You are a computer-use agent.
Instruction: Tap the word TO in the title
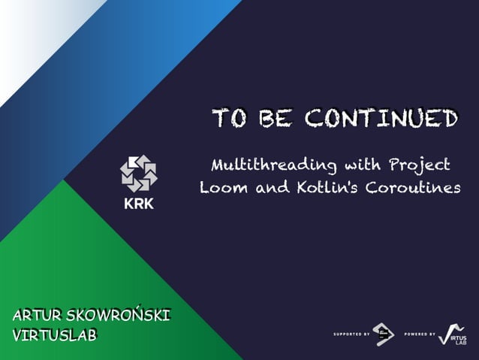(229, 119)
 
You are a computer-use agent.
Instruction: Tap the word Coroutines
(414, 188)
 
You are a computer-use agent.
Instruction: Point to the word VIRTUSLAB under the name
(55, 335)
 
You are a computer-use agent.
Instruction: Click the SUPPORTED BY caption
(351, 333)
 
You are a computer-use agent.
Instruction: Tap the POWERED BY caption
(419, 333)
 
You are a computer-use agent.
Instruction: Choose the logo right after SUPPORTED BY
(384, 333)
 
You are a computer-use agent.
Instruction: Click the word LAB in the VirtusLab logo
(460, 343)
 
